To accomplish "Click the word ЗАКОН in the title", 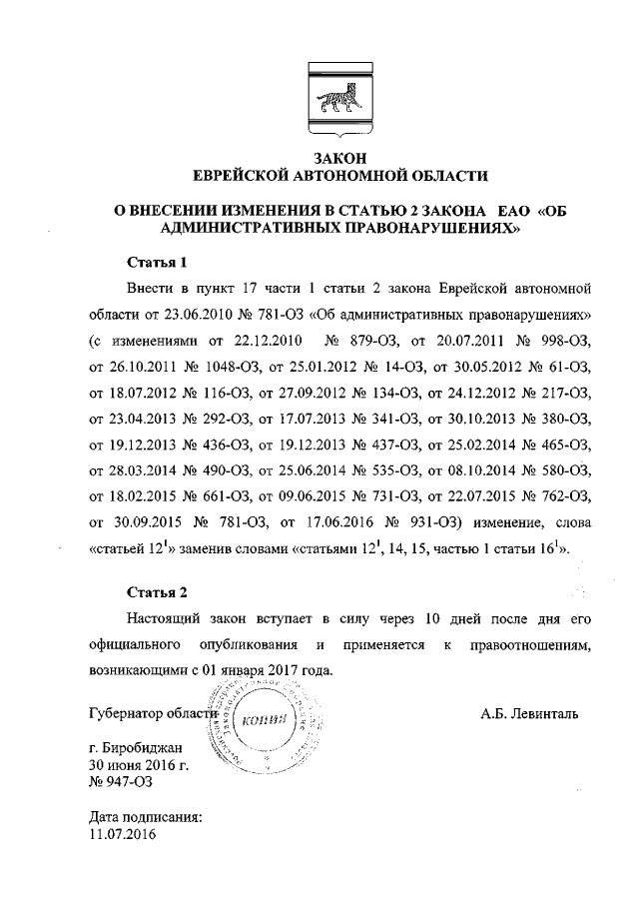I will (340, 158).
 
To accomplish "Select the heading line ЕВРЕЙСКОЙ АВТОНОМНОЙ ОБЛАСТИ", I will (340, 176).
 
